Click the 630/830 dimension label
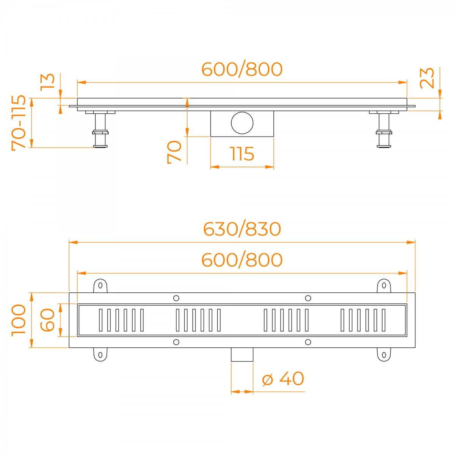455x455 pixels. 242,229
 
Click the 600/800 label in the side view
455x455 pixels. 242,69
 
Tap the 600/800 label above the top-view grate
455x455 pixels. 242,260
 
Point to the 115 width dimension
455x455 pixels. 242,154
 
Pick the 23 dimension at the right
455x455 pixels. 427,78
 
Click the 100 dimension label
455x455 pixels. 19,320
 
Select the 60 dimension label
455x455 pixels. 48,320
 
